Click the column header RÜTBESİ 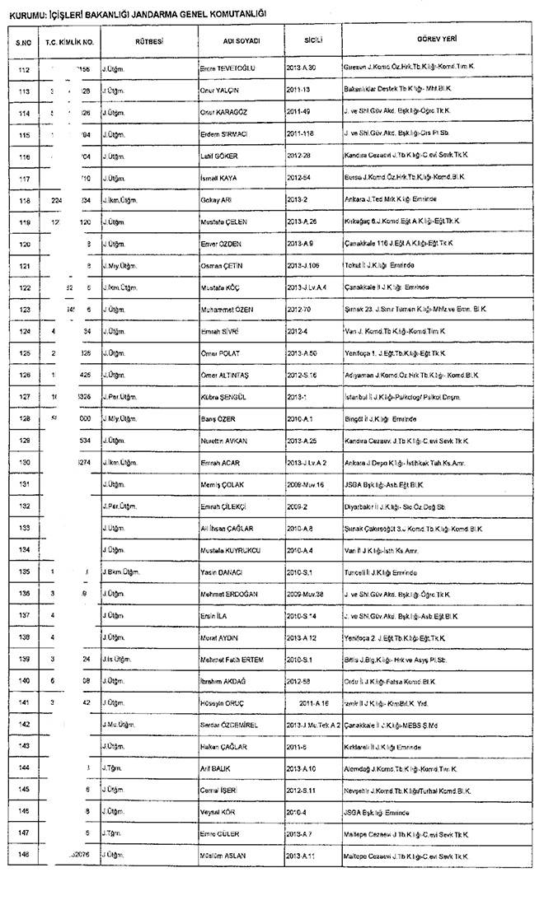(x=148, y=40)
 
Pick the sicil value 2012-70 (x=299, y=309)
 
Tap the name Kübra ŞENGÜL (x=222, y=397)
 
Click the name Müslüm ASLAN (x=223, y=856)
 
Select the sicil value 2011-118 (x=302, y=133)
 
